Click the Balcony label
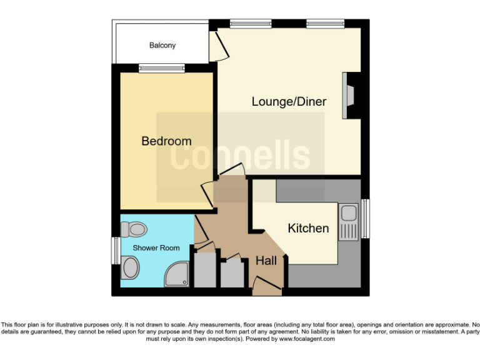tap(162, 46)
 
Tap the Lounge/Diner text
tap(289, 101)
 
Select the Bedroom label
tap(166, 141)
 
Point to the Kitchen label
tap(308, 228)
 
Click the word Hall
tap(266, 261)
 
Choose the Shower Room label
tap(156, 248)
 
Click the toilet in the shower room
tap(133, 230)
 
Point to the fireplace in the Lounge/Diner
tap(349, 96)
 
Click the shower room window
tap(115, 250)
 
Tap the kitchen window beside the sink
tap(365, 219)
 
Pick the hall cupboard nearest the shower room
tap(205, 270)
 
